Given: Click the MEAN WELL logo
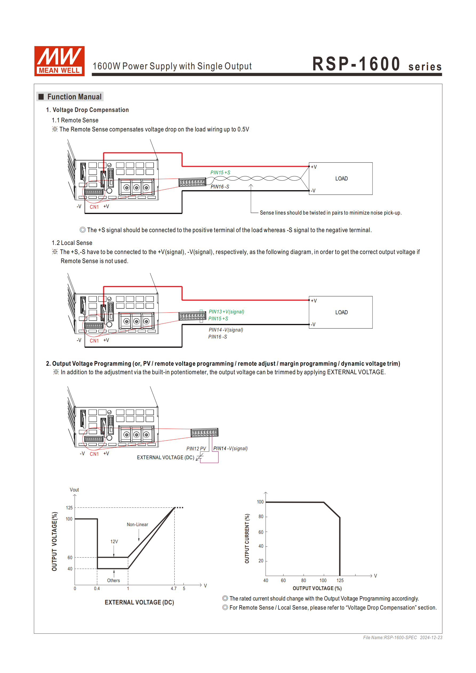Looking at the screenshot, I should coord(59,61).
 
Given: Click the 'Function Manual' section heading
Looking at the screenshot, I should coord(74,97).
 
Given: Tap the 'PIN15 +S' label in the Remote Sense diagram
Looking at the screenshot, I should coord(220,173).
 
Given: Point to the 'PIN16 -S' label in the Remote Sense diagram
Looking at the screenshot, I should coord(220,187).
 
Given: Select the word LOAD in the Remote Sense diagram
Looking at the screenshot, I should coord(341,179).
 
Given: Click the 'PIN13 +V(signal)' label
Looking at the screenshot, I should coord(226,312).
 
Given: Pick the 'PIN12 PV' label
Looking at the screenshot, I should coord(196,449).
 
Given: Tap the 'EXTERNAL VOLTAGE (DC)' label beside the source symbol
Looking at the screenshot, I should coord(165,457).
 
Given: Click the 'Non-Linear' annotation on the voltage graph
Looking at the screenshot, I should coord(137,524).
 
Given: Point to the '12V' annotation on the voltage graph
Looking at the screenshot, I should coord(114,541).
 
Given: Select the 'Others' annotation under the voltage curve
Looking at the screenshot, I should coord(114,580).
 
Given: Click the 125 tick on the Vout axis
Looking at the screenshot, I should coord(69,508).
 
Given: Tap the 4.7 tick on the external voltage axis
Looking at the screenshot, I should coord(174,588).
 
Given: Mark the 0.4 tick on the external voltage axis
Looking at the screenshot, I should coord(97,588).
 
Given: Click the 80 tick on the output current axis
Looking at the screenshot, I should coord(261,517).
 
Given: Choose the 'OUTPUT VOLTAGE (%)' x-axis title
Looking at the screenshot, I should coord(317,588).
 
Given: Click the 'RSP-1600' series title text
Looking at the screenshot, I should coord(356,64).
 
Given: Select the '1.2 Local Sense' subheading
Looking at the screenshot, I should coord(72,243).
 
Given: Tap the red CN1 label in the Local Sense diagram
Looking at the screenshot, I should coord(94,341).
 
